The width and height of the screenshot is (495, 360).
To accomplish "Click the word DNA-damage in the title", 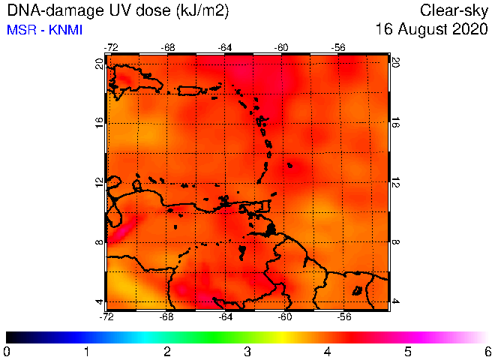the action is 55,11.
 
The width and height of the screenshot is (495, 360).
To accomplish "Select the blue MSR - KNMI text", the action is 44,30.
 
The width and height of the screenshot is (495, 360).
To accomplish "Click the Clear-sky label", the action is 454,10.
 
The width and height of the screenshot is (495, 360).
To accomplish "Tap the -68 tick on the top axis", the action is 168,48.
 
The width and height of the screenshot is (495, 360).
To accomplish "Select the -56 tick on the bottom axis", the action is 344,316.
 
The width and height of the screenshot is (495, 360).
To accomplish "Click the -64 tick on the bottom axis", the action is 226,316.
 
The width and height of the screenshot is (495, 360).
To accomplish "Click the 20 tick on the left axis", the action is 99,64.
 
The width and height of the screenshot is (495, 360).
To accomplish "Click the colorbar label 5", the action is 408,352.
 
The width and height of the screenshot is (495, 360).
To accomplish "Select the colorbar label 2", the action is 167,352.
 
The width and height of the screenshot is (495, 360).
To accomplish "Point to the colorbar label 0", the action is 6,352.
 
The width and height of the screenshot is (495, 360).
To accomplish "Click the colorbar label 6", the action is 488,352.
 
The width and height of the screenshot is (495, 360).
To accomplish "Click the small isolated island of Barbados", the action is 289,165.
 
